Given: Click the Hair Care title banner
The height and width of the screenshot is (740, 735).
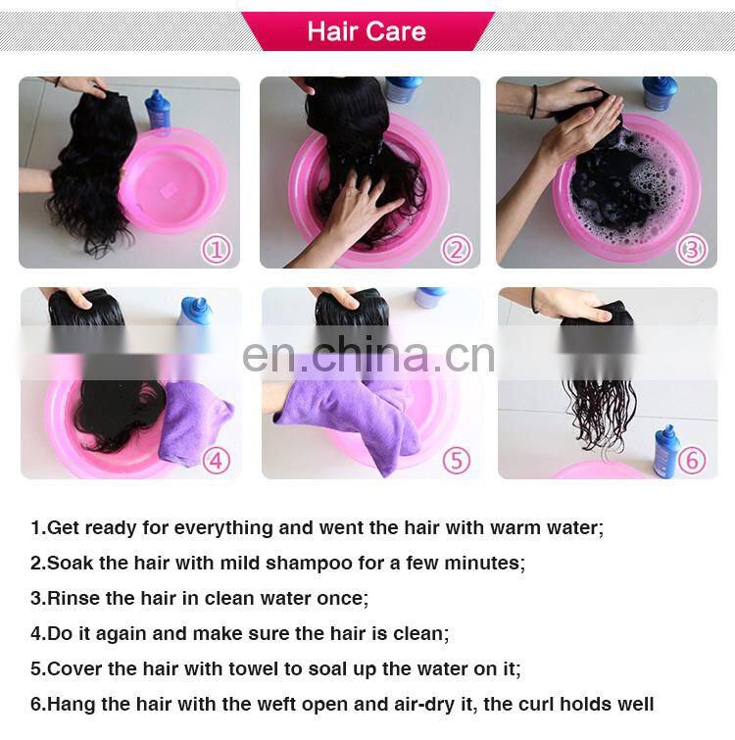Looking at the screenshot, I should click(367, 30).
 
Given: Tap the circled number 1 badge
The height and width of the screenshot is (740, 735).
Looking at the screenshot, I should click(217, 249).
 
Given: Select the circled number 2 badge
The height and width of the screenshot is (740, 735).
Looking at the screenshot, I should click(456, 249).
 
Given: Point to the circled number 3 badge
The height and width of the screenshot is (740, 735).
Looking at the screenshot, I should click(693, 249).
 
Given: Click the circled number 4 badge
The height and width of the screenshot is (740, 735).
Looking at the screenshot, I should click(217, 459).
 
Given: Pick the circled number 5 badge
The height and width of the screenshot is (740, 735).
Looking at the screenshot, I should click(456, 459).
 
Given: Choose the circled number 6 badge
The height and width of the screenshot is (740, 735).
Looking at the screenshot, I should click(693, 459).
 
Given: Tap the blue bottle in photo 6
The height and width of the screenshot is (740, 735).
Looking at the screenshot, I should click(667, 451).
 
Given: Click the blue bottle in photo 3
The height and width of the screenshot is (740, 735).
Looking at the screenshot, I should click(660, 94).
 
